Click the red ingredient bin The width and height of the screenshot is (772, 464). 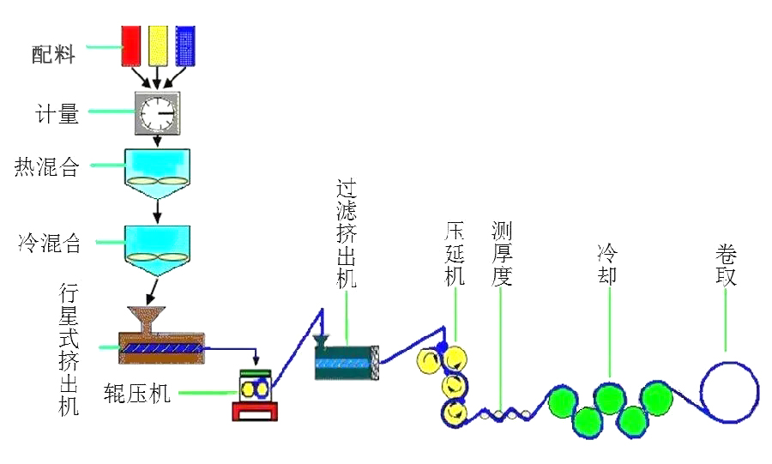pyautogui.click(x=130, y=45)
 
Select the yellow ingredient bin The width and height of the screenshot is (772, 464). pyautogui.click(x=157, y=45)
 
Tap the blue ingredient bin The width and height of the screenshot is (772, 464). pyautogui.click(x=184, y=45)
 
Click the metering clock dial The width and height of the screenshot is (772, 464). pyautogui.click(x=157, y=111)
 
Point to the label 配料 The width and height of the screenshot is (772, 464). pyautogui.click(x=54, y=55)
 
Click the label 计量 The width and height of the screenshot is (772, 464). pyautogui.click(x=57, y=112)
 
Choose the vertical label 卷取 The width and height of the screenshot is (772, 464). pyautogui.click(x=726, y=266)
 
